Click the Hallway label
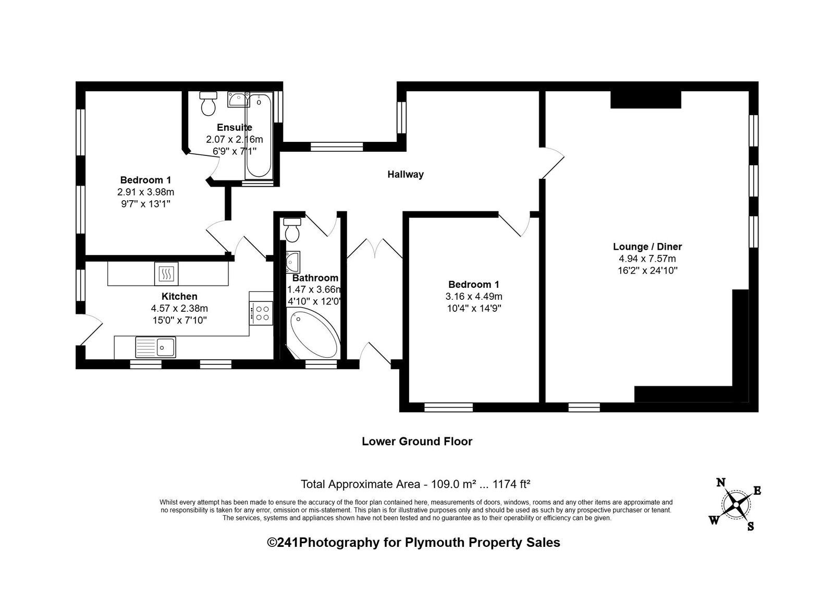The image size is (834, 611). (406, 174)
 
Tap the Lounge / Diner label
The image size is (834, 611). (647, 247)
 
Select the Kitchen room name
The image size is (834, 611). (179, 297)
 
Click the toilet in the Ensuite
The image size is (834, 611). (208, 104)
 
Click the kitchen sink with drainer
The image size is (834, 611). (156, 347)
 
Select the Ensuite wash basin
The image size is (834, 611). (238, 100)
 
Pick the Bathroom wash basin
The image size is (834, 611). (292, 262)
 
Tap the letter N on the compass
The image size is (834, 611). (720, 483)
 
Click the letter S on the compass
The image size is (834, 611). (751, 527)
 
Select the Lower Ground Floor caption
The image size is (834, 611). (417, 442)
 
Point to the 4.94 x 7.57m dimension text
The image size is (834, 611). (647, 259)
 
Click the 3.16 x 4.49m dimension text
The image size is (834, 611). (474, 297)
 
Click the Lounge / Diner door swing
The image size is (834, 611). (553, 163)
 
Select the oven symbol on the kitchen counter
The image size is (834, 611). (166, 274)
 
